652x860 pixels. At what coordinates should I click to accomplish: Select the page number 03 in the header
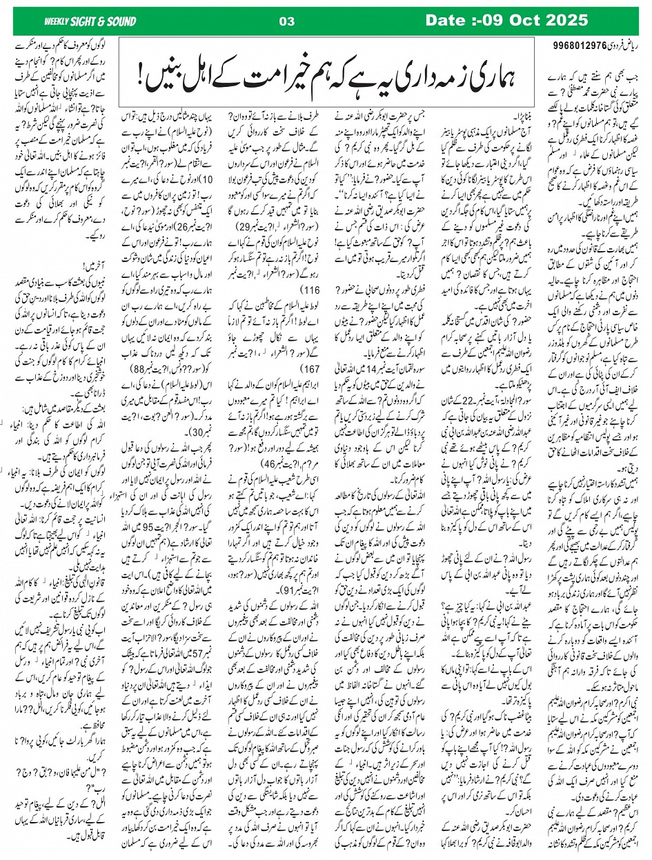281,21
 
